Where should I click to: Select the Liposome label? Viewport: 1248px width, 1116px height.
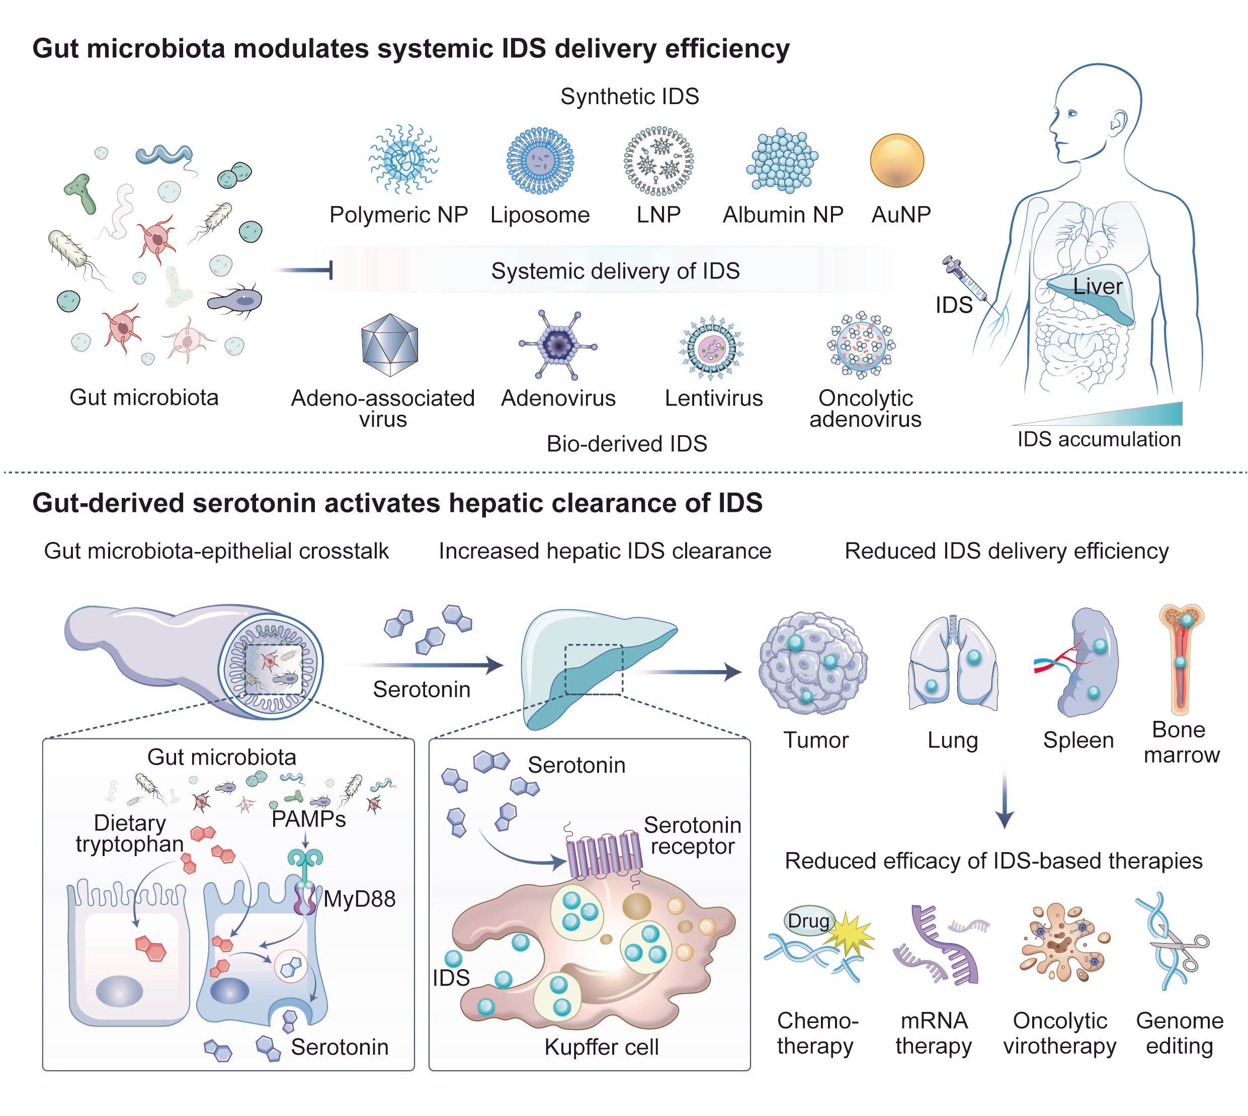[x=540, y=215]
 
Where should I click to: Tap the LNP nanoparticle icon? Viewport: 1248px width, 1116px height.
[x=658, y=161]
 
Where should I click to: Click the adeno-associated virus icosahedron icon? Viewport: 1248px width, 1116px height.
[x=390, y=345]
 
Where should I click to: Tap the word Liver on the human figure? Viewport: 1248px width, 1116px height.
[x=1098, y=287]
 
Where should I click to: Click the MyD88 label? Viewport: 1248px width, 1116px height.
[x=360, y=899]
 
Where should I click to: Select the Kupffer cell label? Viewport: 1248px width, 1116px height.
[x=601, y=1047]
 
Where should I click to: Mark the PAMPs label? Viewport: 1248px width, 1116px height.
[x=309, y=819]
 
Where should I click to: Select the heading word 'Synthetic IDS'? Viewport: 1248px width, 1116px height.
[x=629, y=97]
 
